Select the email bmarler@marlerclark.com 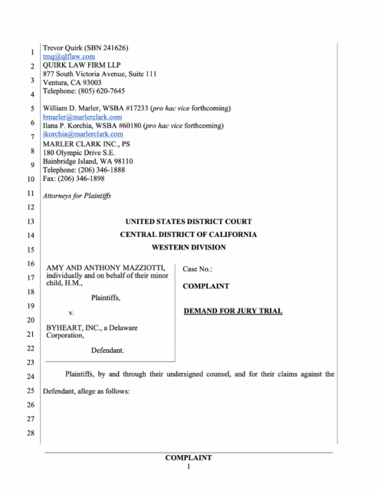[x=82, y=117]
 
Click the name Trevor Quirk [x=63, y=48]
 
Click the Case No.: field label [x=198, y=269]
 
